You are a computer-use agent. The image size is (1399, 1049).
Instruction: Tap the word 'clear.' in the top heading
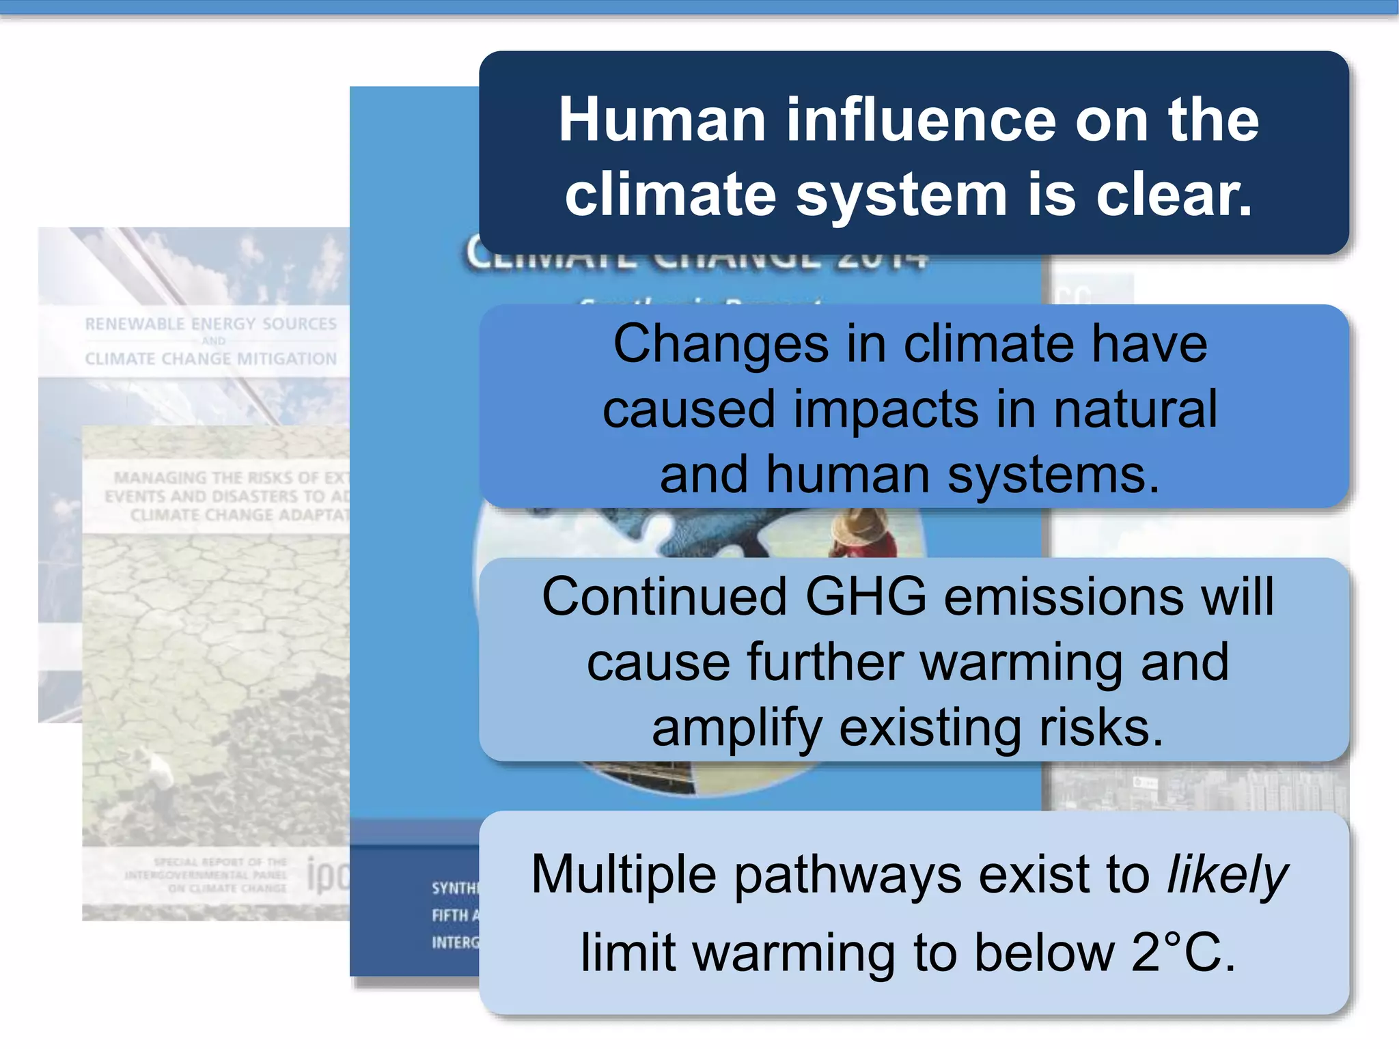coord(1174,195)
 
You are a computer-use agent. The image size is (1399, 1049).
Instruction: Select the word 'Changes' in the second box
coord(720,344)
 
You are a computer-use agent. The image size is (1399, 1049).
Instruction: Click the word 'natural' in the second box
coord(1135,409)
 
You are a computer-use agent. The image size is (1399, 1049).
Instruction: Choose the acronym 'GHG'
coord(865,596)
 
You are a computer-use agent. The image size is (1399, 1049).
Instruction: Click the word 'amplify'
coord(736,728)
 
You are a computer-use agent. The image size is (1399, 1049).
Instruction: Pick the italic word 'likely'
coord(1227,875)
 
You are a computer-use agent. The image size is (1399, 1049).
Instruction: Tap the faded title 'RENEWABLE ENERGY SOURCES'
coord(210,324)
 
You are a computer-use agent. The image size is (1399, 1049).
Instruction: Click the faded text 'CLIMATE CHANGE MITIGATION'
coord(210,359)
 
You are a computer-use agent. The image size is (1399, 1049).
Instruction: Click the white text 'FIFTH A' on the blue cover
coord(455,915)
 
